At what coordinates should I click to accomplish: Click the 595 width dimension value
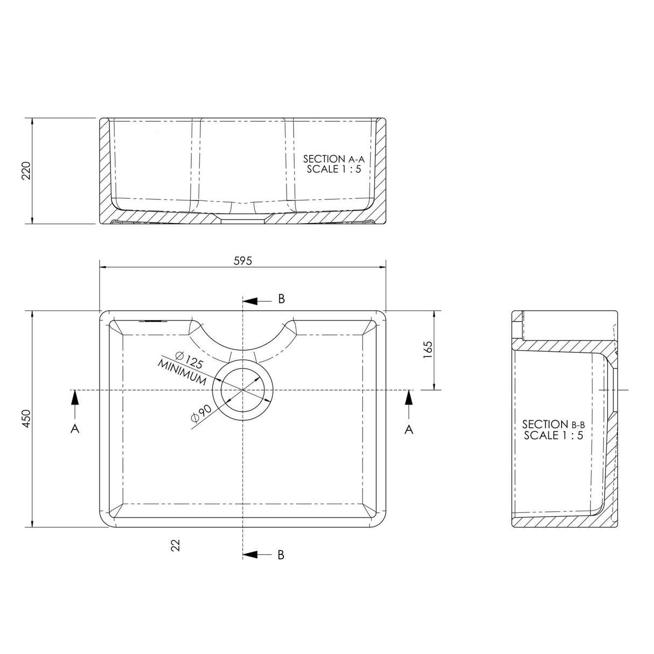[x=243, y=261]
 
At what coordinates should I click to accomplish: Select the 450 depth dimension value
[x=27, y=419]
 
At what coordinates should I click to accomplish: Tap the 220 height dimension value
[x=27, y=171]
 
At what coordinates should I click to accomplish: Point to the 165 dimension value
[x=428, y=350]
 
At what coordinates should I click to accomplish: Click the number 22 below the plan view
[x=174, y=545]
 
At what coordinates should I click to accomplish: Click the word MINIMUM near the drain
[x=182, y=372]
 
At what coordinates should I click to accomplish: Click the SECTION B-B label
[x=553, y=424]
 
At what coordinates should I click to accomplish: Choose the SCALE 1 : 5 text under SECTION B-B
[x=553, y=435]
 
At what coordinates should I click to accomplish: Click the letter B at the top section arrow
[x=281, y=299]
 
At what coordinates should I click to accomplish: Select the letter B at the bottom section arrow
[x=281, y=555]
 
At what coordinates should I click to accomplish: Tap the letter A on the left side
[x=75, y=428]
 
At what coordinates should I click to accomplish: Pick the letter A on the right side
[x=409, y=428]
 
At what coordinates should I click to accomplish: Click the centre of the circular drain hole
[x=243, y=389]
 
